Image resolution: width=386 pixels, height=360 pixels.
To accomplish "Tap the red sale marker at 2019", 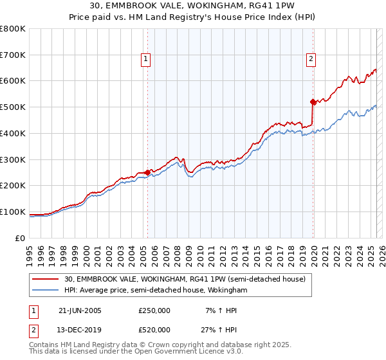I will tap(313, 102).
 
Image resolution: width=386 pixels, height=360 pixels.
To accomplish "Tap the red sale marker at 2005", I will tap(148, 172).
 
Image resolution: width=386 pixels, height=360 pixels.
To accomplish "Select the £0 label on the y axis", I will tap(20, 238).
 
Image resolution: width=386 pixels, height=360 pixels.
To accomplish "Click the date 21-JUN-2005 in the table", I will tap(80, 310).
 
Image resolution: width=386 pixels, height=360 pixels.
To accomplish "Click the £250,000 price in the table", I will tap(154, 310).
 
